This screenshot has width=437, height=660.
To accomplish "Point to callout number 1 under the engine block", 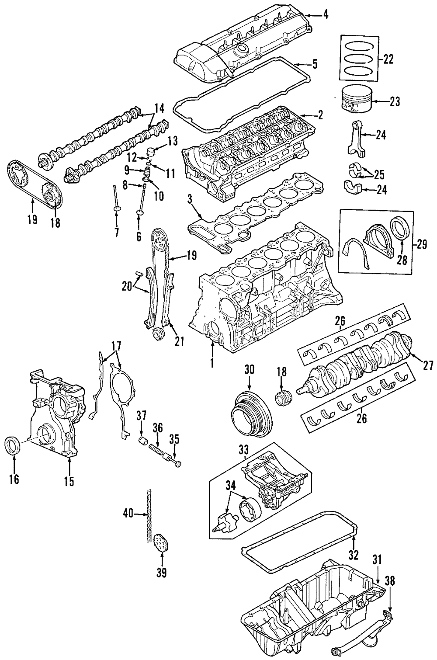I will pos(212,363).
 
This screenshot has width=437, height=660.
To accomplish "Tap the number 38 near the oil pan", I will pos(390,581).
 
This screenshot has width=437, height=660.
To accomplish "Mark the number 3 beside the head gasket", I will pos(189,201).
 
